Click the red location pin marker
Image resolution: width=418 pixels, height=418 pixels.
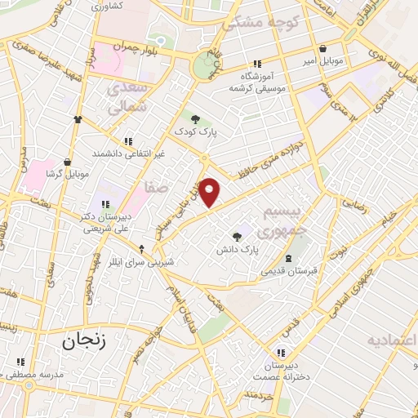pos(210,192)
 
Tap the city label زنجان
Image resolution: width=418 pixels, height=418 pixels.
pos(85,340)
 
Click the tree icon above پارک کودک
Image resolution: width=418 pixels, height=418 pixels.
pos(194,119)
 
